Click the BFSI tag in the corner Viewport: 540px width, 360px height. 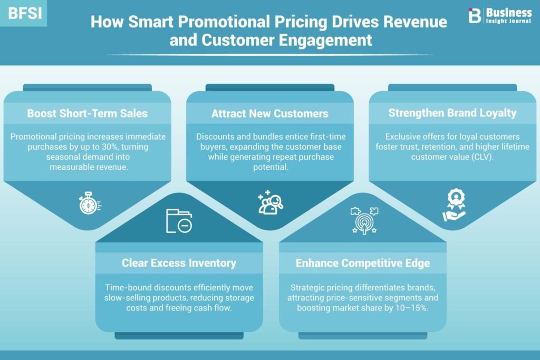coord(24,13)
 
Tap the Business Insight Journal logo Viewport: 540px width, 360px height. coord(500,15)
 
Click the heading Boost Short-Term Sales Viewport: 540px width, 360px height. coord(87,113)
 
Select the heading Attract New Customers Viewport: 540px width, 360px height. coord(269,113)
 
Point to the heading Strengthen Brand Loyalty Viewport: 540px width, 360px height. coord(452,113)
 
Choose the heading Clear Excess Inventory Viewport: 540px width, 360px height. coord(179,263)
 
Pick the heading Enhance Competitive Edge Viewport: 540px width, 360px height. coord(363,263)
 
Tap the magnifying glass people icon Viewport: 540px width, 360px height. coord(271,202)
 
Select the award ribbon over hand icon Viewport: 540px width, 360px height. coord(454,205)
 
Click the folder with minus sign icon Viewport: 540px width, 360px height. coord(179,221)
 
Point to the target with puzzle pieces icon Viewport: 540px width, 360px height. coord(364,221)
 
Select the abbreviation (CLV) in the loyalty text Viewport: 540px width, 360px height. coord(482,157)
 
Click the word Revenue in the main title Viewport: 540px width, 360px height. coord(415,21)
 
